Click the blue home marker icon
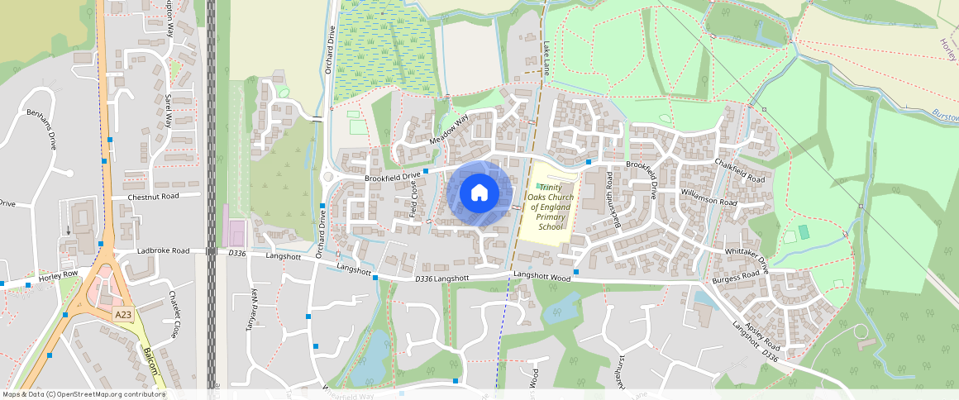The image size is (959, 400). click(479, 193)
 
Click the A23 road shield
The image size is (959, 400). click(123, 315)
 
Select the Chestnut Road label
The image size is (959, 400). click(154, 198)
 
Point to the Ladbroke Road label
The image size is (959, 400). click(163, 250)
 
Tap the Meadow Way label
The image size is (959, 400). click(449, 131)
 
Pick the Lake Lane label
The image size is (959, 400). click(546, 61)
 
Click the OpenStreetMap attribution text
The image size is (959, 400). click(83, 394)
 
